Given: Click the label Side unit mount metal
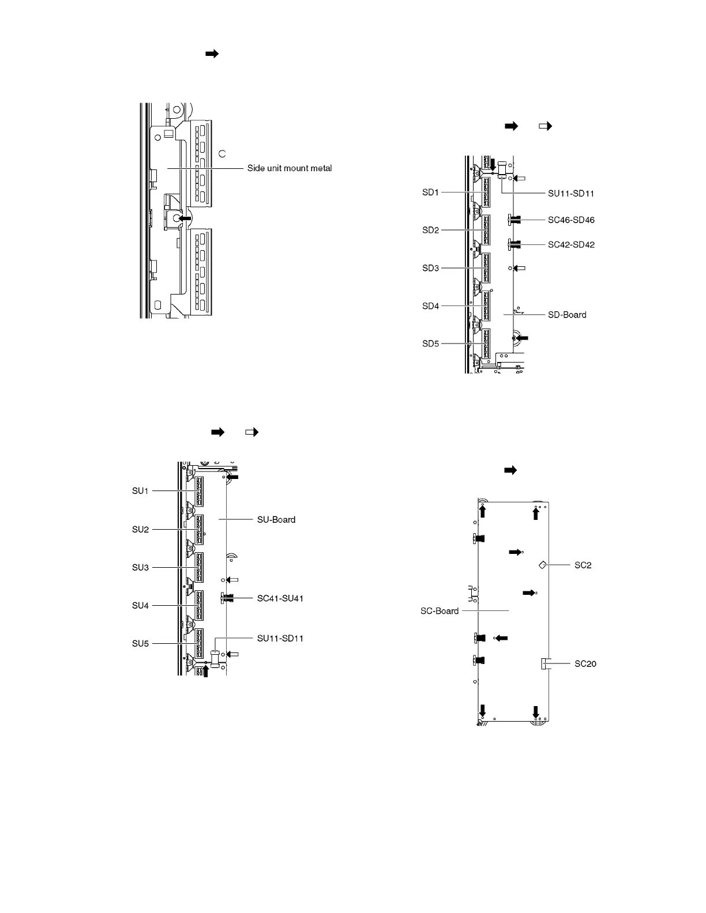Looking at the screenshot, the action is coord(290,168).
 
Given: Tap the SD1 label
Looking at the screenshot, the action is coord(430,193).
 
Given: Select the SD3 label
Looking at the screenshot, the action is coord(430,268).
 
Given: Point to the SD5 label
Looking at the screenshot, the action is coord(430,344).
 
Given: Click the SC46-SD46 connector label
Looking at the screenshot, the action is coord(571,220).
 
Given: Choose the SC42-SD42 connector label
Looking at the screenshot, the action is coord(571,244).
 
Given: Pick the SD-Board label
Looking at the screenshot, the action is coord(567,315).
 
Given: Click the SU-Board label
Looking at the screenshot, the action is coord(276,519).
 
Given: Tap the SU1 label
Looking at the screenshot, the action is coord(140,491).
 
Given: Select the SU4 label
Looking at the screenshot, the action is coord(140,605).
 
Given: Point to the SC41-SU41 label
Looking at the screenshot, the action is coord(280,598).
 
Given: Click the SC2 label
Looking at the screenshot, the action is coord(583,565).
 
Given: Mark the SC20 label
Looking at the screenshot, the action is coord(585,663).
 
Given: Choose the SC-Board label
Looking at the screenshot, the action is coord(440,611).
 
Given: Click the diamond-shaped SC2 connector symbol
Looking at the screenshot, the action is coord(543,565).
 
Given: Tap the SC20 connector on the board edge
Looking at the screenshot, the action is coord(546,663).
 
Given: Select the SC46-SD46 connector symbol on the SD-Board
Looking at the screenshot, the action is coord(513,220).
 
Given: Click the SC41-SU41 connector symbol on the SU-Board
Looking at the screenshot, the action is coord(226,598).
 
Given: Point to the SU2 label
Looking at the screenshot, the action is coord(140,529).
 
